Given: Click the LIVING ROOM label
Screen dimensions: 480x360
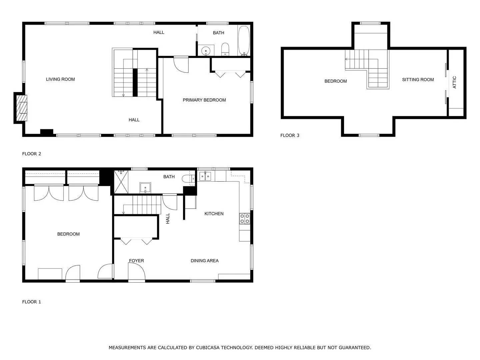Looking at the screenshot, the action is (60, 79).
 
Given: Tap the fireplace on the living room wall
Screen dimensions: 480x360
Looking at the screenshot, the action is (22, 108).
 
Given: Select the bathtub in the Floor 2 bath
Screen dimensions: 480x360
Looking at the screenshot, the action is (244, 41).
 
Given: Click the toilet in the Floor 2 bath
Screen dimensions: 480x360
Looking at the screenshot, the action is (225, 49).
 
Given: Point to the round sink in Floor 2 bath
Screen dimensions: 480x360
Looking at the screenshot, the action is (206, 51).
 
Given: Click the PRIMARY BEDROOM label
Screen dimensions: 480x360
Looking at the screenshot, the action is (204, 100).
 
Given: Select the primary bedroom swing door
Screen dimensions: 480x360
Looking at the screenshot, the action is (181, 64).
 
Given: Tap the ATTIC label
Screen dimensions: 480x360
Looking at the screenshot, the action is (454, 82).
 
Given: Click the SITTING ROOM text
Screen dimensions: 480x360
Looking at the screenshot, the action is (418, 80).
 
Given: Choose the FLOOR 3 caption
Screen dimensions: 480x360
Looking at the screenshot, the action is (290, 135).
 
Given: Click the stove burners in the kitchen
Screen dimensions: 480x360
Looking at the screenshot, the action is (245, 219).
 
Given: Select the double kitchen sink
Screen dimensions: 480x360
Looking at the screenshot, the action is (205, 176).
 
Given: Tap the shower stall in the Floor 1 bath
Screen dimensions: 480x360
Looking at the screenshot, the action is (121, 182).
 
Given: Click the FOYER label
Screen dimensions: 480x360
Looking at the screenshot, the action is (136, 261).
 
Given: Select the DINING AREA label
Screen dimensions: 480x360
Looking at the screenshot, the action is (204, 261).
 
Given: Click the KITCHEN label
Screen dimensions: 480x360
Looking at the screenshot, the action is (214, 214).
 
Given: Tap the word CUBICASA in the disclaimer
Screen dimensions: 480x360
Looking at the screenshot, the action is (208, 348).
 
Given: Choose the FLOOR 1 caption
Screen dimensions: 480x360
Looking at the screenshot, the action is (31, 302).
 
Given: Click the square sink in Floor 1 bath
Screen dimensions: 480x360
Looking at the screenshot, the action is (145, 188).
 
